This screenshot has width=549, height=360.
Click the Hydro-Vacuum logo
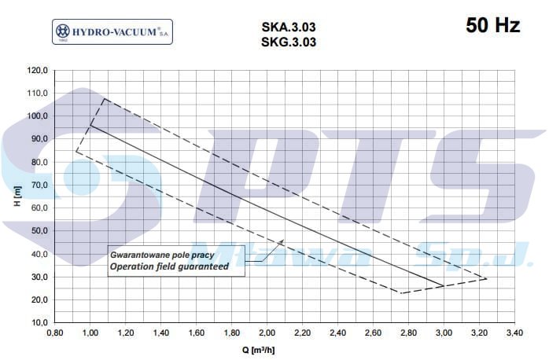[112, 32]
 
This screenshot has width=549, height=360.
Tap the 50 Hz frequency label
[492, 25]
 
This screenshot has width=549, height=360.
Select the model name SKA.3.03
[289, 27]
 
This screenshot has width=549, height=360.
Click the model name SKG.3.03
[289, 42]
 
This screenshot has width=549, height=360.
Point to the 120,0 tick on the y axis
[37, 70]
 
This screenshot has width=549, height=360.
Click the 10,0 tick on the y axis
[39, 322]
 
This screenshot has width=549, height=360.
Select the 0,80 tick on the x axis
[55, 332]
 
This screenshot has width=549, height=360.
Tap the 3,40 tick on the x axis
[514, 332]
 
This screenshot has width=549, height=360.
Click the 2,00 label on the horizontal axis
[267, 332]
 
